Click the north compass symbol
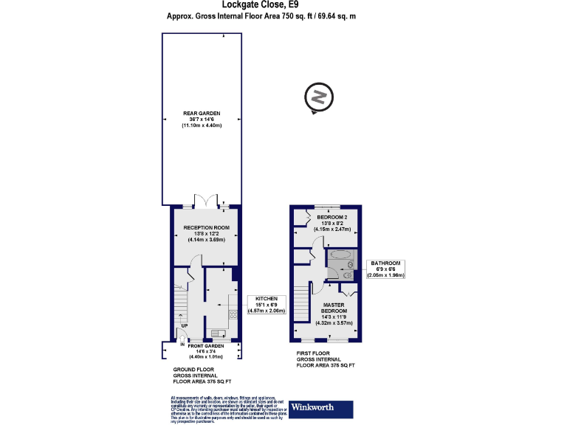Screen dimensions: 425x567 [x=319, y=99]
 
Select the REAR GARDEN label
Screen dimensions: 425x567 [x=202, y=120]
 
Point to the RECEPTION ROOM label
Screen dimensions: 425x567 [x=207, y=233]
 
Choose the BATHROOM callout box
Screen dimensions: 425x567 [x=385, y=269]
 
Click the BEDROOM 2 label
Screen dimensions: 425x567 [x=331, y=223]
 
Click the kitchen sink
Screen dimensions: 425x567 [x=216, y=331]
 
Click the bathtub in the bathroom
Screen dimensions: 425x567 [x=341, y=255]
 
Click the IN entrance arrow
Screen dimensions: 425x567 [x=182, y=343]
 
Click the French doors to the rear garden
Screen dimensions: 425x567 [x=206, y=201]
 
